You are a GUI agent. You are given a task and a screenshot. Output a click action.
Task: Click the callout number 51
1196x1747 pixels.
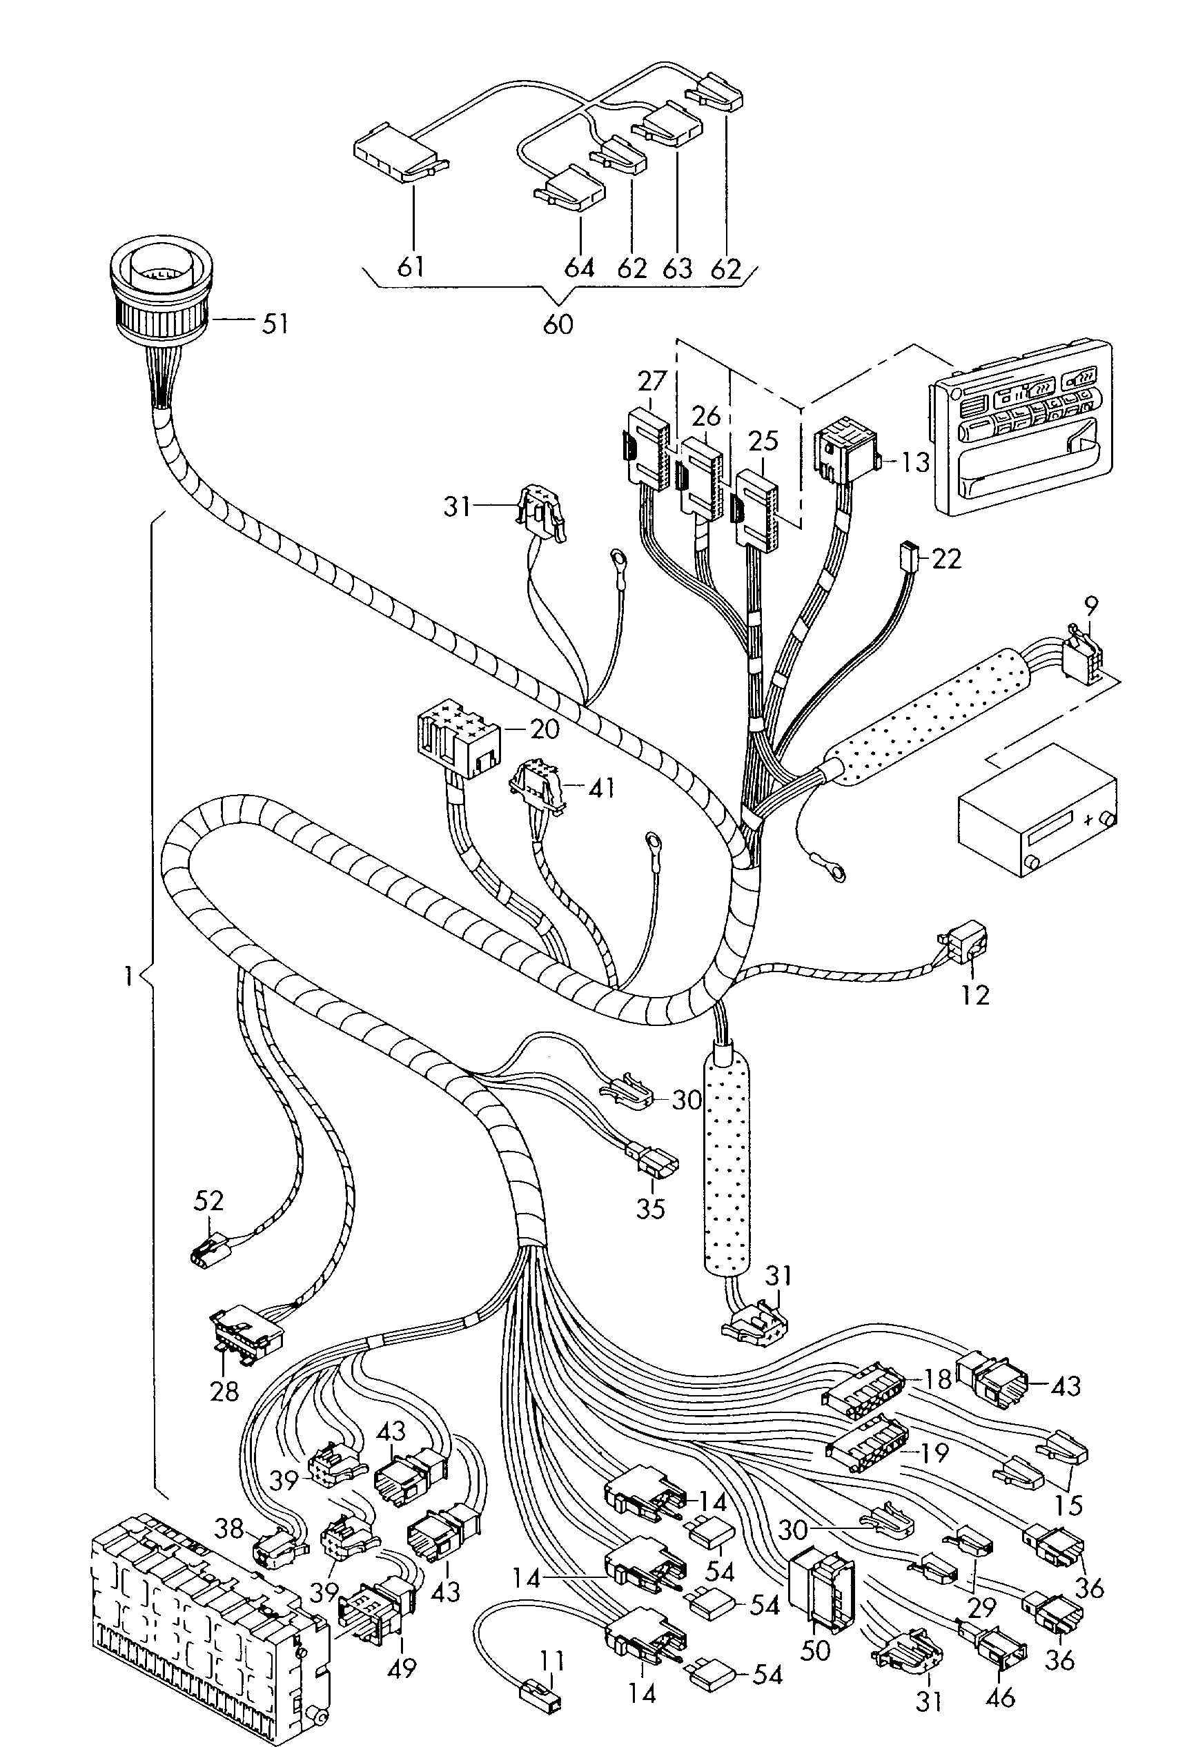275,325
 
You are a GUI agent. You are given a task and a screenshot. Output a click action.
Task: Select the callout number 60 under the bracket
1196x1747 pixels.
557,324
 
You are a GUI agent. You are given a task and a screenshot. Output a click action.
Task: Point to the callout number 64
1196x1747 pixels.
579,268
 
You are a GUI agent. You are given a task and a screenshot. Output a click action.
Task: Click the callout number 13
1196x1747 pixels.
916,461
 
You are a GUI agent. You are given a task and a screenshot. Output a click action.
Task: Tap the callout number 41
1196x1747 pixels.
600,788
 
